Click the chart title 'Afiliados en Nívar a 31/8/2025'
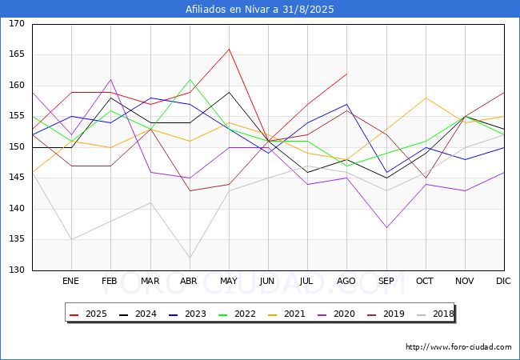[x=260, y=10]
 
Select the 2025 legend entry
[x=88, y=314]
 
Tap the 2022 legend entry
[x=237, y=314]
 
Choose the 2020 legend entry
[x=336, y=314]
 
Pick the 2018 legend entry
[x=435, y=314]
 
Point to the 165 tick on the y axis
[x=17, y=54]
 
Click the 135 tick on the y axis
[x=17, y=239]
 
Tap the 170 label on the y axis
[x=17, y=23]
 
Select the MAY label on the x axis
[x=229, y=281]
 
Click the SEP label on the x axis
[x=386, y=281]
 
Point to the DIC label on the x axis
[x=503, y=281]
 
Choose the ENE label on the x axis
[x=71, y=281]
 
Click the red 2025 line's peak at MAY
[x=229, y=49]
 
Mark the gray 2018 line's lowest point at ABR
[x=190, y=258]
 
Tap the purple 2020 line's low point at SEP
[x=386, y=227]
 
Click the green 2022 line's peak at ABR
[x=190, y=79]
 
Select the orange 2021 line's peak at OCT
[x=426, y=98]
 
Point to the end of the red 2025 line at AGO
[x=347, y=74]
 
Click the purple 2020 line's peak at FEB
[x=110, y=79]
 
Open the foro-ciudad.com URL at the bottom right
[x=458, y=347]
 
